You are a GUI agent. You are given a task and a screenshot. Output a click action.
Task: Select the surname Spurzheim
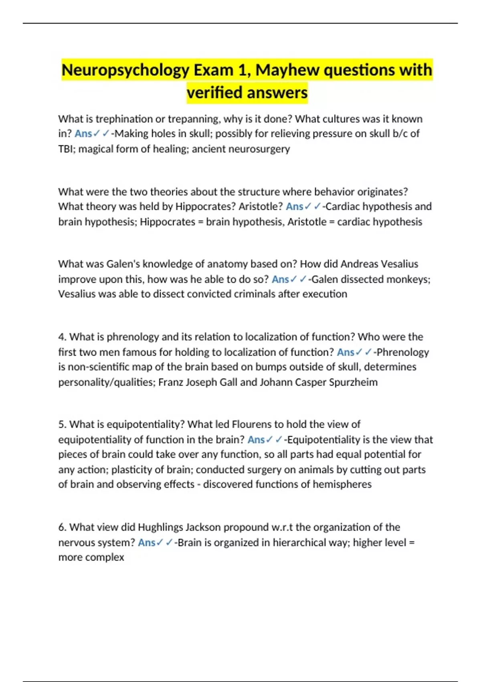353,382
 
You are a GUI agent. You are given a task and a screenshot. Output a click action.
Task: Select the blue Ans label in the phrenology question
346,352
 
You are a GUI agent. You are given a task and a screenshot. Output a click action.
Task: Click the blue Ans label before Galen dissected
280,279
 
